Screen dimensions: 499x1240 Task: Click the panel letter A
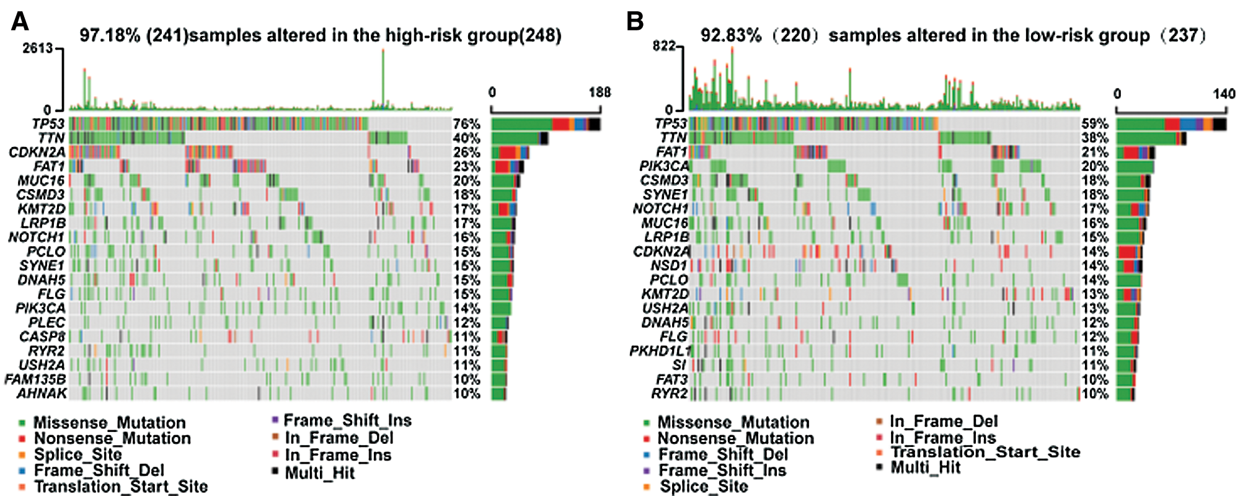tap(20, 22)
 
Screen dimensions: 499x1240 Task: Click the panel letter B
tap(635, 22)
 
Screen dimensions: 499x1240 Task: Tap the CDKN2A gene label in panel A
tap(37, 152)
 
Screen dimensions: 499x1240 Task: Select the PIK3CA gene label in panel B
tap(664, 166)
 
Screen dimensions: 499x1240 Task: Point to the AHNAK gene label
tap(42, 394)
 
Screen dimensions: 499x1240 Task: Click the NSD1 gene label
tap(669, 266)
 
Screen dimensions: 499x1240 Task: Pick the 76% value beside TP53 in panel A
tap(466, 124)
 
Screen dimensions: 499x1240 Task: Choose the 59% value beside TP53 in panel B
tap(1094, 124)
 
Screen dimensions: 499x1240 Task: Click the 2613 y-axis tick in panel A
tap(38, 48)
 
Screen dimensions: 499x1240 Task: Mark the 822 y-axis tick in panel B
tap(664, 46)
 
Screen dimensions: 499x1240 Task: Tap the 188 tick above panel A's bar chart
tap(600, 93)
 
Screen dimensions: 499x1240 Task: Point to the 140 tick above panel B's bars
tap(1224, 94)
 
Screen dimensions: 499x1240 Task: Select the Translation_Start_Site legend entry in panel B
tap(985, 453)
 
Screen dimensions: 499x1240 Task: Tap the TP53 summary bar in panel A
tap(546, 125)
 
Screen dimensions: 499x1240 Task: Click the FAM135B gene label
tap(35, 379)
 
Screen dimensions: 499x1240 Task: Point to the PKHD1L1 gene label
tap(660, 351)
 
